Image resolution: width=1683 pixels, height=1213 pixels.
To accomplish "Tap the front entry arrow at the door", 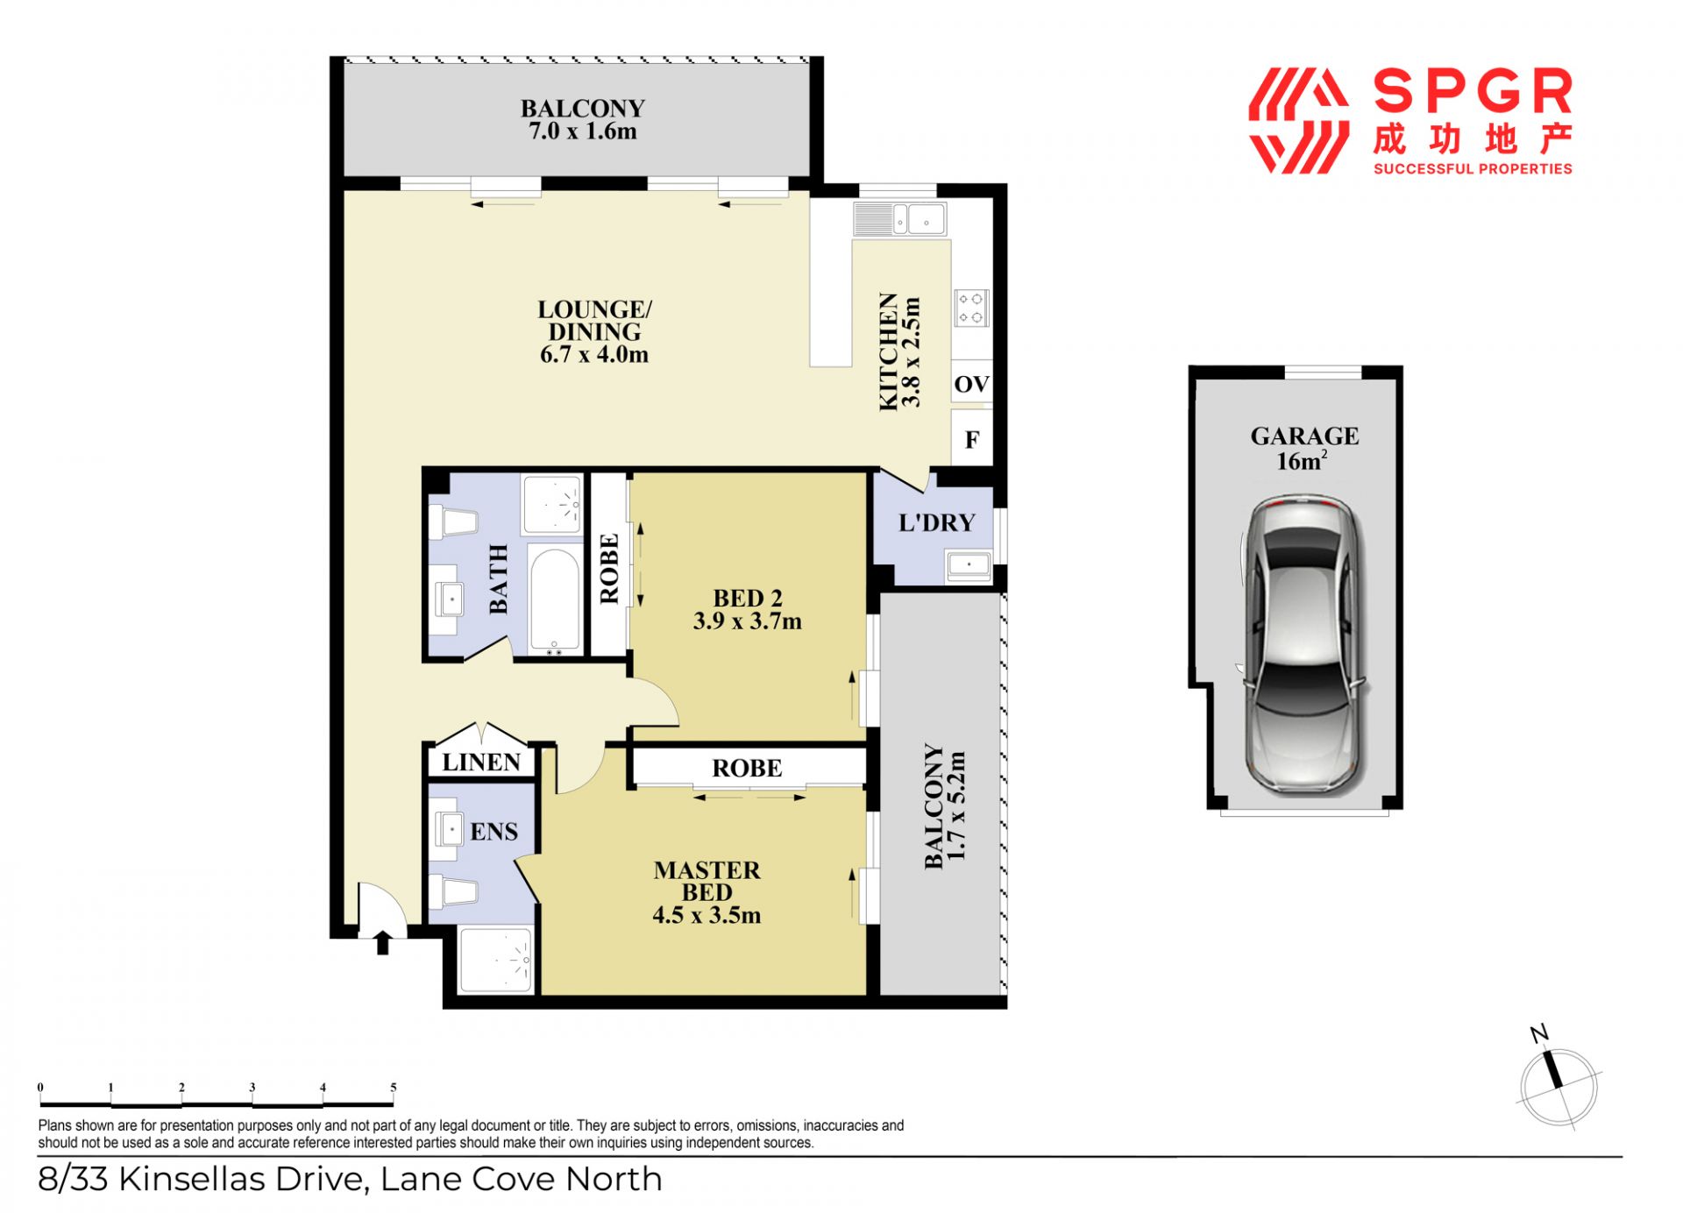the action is [382, 942].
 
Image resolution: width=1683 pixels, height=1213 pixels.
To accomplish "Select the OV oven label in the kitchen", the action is [971, 384].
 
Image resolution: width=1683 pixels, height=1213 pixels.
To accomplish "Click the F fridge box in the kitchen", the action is [972, 439].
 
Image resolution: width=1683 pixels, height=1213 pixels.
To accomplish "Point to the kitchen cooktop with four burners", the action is [971, 308].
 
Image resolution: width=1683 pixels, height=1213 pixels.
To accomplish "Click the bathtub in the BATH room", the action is [555, 600].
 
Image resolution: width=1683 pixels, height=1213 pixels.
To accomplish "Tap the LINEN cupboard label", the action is [481, 763].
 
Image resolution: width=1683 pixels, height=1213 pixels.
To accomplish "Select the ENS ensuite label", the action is [494, 831].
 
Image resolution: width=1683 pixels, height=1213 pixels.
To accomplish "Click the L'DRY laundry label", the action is [936, 523].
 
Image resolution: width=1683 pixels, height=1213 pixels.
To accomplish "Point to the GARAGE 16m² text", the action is [1304, 448].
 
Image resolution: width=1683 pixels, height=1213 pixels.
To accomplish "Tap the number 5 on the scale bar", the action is [394, 1087].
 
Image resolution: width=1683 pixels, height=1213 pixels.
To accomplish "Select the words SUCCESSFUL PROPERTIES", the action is [1473, 168].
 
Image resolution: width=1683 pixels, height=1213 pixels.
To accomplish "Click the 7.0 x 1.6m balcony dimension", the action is [583, 131].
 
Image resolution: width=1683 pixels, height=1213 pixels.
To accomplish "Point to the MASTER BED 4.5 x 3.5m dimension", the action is [707, 915].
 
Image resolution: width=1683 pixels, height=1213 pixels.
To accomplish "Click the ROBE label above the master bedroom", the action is [747, 769].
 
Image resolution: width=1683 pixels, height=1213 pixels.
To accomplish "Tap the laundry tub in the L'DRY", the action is [969, 565].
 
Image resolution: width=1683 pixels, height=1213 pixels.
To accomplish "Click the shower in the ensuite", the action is [495, 960].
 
